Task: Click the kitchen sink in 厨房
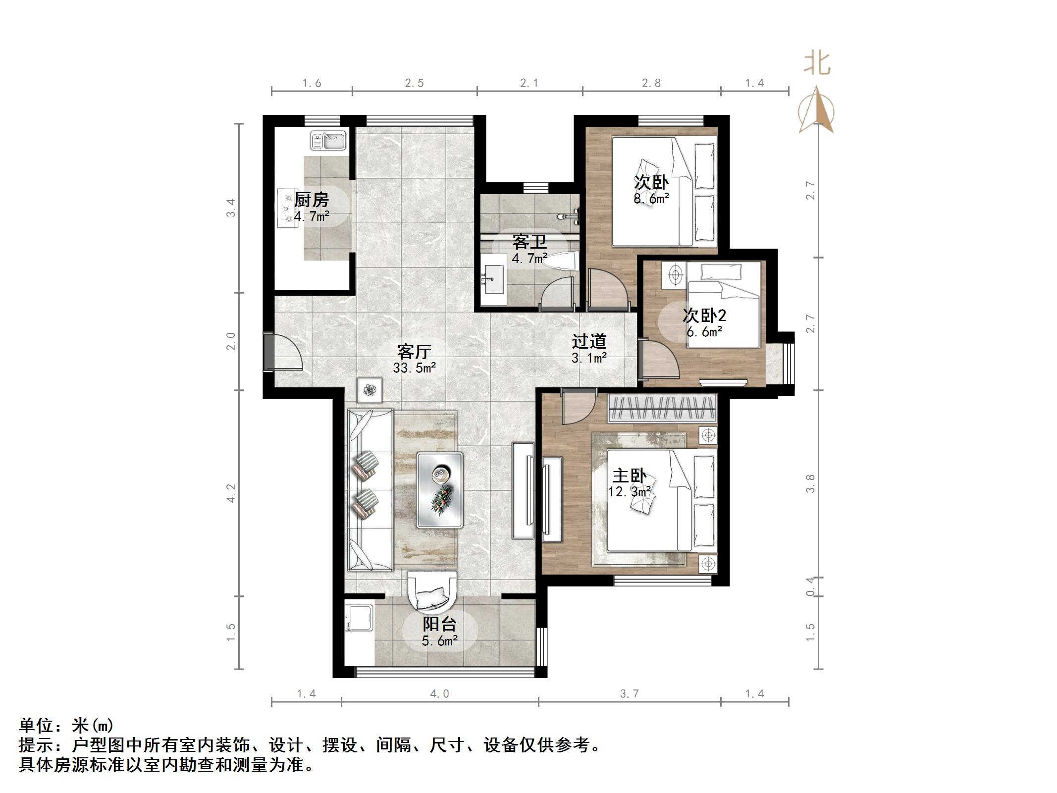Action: click(x=328, y=140)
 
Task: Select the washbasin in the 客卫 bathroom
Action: click(x=493, y=279)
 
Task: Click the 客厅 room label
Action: click(x=414, y=352)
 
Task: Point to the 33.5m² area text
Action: click(x=414, y=368)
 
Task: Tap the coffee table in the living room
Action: click(x=440, y=489)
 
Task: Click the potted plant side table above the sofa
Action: click(x=370, y=390)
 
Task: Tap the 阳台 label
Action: click(x=439, y=624)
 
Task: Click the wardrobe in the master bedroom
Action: click(x=662, y=408)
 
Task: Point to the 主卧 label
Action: click(x=629, y=476)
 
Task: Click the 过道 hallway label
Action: click(x=589, y=341)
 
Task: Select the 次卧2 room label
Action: click(x=704, y=315)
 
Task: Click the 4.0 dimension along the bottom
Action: click(x=439, y=694)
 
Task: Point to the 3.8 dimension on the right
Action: click(x=810, y=483)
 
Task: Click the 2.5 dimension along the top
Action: click(x=414, y=83)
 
